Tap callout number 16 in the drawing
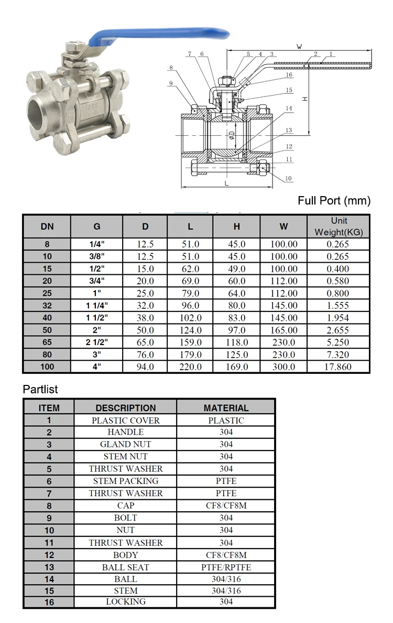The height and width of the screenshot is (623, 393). point(289,74)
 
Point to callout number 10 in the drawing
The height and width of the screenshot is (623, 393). point(288,178)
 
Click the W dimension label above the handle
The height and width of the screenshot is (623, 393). point(299,47)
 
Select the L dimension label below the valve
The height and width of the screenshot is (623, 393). point(227,184)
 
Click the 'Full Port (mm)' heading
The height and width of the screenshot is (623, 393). point(334,201)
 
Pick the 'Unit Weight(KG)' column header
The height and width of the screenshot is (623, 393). point(339,227)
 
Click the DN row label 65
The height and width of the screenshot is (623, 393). point(47,342)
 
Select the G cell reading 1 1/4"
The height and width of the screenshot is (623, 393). point(97,306)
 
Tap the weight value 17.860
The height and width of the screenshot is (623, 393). point(338,367)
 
